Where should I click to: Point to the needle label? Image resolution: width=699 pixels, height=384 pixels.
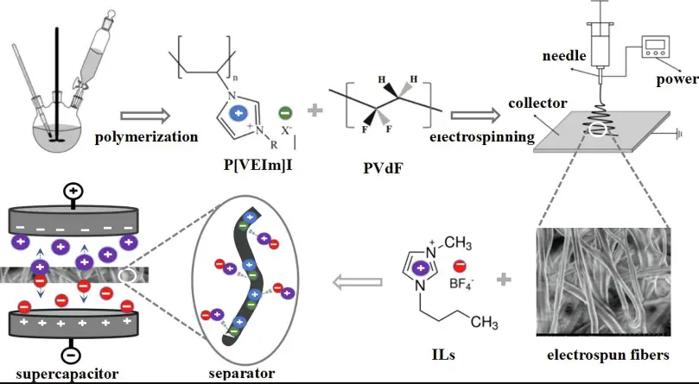tap(565, 57)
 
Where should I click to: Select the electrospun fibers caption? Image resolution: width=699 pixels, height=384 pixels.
tap(609, 354)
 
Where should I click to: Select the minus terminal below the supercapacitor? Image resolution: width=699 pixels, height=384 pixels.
tap(73, 354)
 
